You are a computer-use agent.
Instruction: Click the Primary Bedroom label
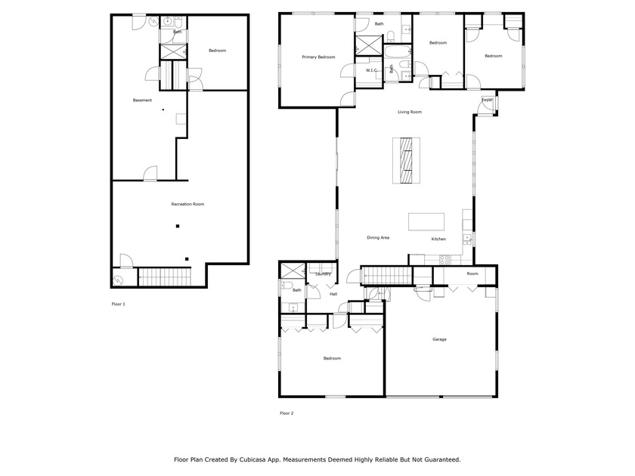coord(318,57)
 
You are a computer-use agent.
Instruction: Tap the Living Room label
coord(410,112)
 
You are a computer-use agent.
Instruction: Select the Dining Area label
coord(378,237)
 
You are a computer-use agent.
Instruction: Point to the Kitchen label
coord(438,240)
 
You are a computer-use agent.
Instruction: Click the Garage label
coord(439,339)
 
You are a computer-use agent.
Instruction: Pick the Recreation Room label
coord(187,205)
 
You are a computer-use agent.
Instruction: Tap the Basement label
coord(142,100)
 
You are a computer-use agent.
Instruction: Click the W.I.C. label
coord(371,70)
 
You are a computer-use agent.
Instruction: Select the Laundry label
coord(324,274)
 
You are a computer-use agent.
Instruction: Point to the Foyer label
coord(487,100)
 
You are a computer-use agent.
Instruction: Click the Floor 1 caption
coord(118,304)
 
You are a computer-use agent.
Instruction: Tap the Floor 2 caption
coord(287,413)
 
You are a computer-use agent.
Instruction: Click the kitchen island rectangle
coord(426,222)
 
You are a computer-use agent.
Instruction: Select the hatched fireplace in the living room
coord(406,160)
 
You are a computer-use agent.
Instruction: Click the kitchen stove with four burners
coord(444,259)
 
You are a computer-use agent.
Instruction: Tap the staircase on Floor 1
coord(165,277)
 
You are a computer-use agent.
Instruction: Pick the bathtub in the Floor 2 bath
coord(398,51)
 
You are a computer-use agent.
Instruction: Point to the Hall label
coord(333,294)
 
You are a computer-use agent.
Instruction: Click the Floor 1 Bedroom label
coord(217,51)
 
